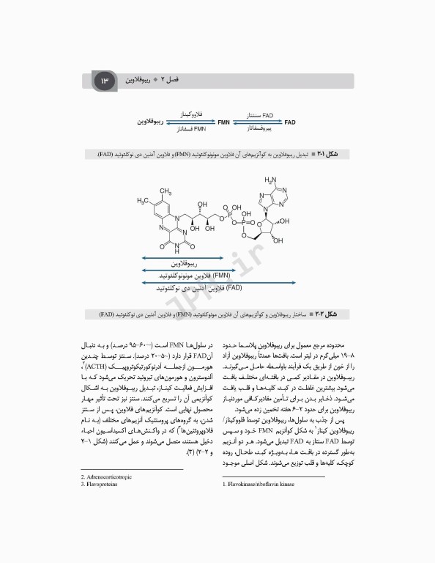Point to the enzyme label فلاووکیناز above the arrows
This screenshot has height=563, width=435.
coord(193,114)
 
